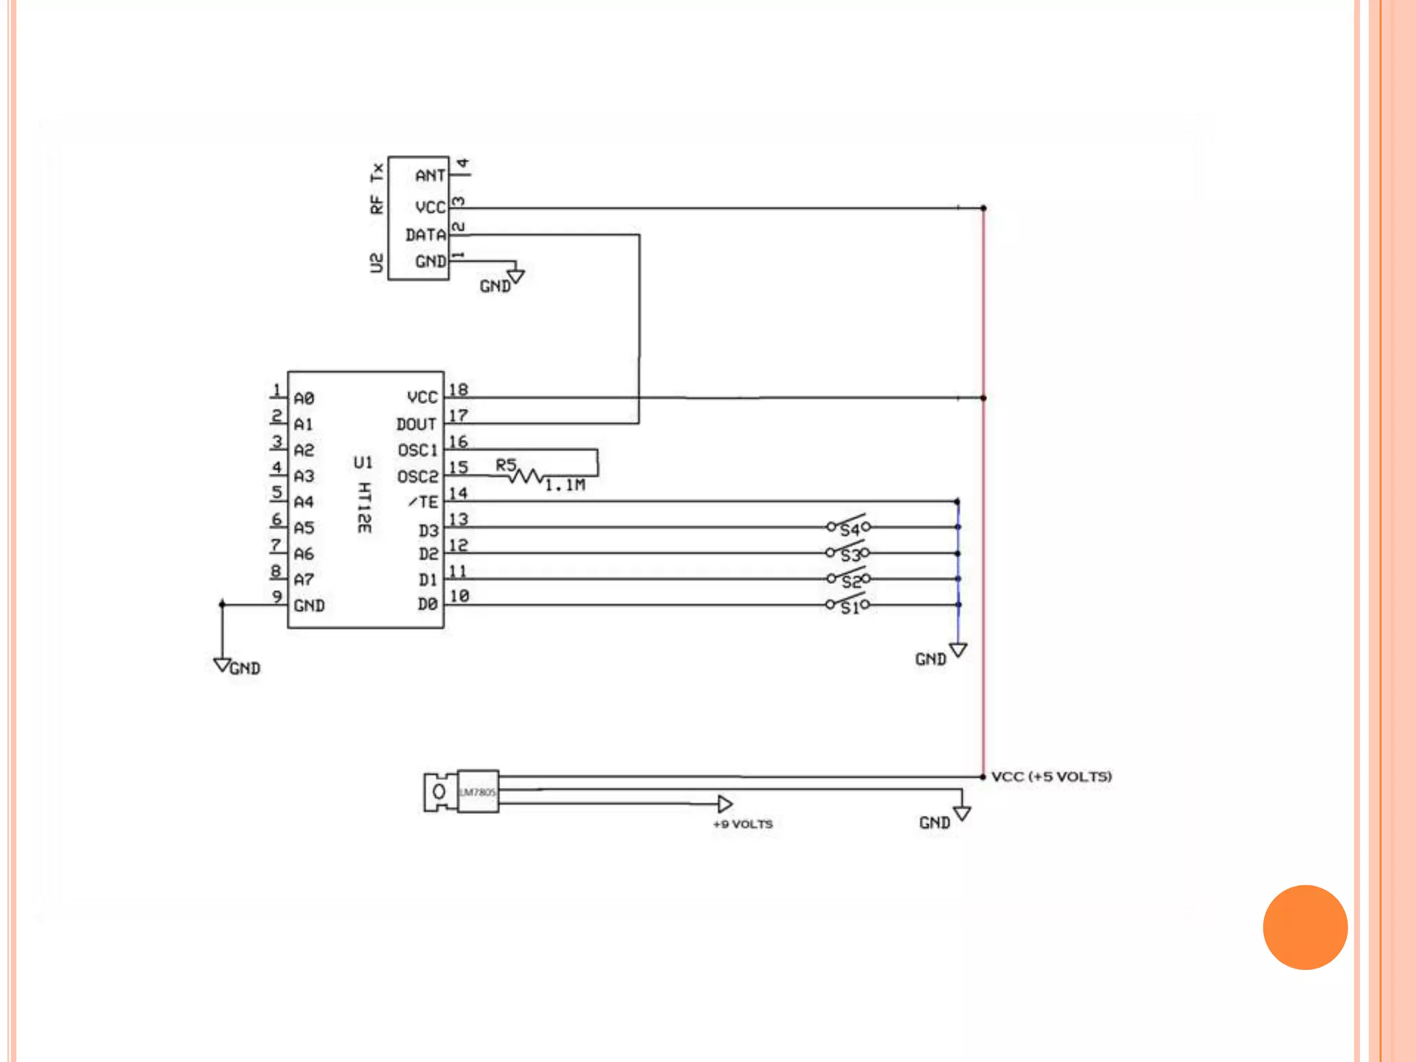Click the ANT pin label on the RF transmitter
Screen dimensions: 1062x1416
[429, 176]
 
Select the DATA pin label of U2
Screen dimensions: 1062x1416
[425, 235]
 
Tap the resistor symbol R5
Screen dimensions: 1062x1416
[527, 476]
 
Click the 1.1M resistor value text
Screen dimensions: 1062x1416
[565, 485]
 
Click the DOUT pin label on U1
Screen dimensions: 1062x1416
[416, 424]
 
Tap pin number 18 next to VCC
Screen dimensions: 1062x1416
[458, 390]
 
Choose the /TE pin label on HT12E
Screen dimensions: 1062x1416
[423, 502]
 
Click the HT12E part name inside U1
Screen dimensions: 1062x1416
[364, 507]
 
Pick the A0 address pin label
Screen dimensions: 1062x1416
[304, 399]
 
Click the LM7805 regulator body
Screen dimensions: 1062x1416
[478, 792]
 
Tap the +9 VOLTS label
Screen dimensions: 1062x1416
[743, 824]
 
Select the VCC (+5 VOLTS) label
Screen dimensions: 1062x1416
[1051, 776]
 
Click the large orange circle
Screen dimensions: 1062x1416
[1305, 927]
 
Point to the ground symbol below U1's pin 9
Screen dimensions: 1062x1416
[222, 664]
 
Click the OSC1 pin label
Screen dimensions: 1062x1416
[418, 451]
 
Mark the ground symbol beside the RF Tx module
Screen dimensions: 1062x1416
[516, 277]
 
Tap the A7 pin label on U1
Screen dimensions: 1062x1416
[304, 579]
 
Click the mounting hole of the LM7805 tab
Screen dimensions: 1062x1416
[439, 792]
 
